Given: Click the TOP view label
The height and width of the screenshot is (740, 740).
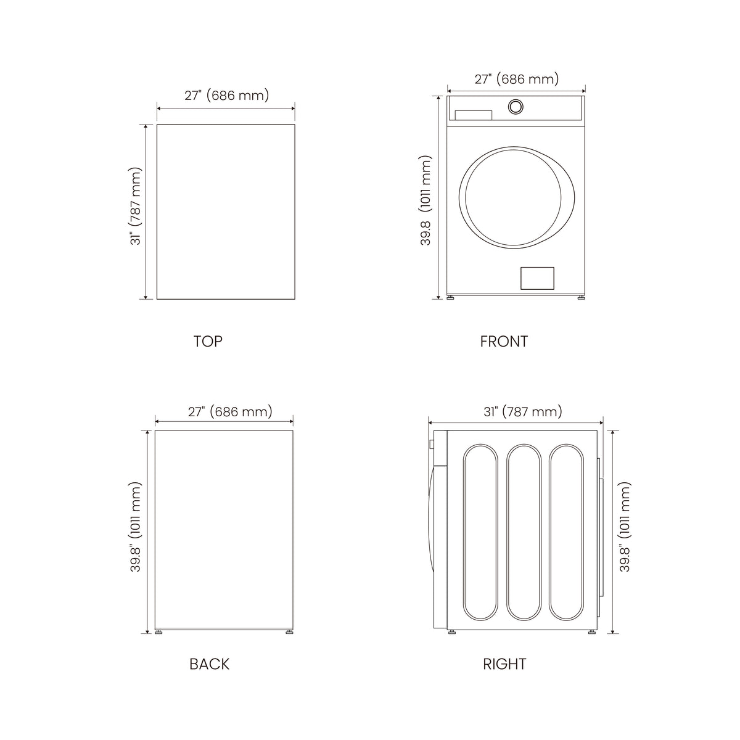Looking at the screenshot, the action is click(x=208, y=342).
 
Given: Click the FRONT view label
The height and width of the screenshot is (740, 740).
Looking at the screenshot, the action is click(x=504, y=342).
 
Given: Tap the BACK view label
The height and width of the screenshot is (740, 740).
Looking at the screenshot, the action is click(x=209, y=664).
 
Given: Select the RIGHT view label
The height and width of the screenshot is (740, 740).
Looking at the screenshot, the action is click(x=504, y=664).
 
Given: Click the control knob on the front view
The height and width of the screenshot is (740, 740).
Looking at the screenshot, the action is click(x=516, y=107).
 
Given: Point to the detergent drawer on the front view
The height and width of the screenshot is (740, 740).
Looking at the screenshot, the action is click(x=474, y=115).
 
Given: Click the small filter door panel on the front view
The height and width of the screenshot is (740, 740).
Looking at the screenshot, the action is click(x=537, y=278).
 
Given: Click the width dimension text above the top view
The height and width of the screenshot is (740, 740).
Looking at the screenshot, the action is click(x=226, y=95).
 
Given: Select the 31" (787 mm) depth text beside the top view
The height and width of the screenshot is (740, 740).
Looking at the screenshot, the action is click(x=136, y=206).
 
